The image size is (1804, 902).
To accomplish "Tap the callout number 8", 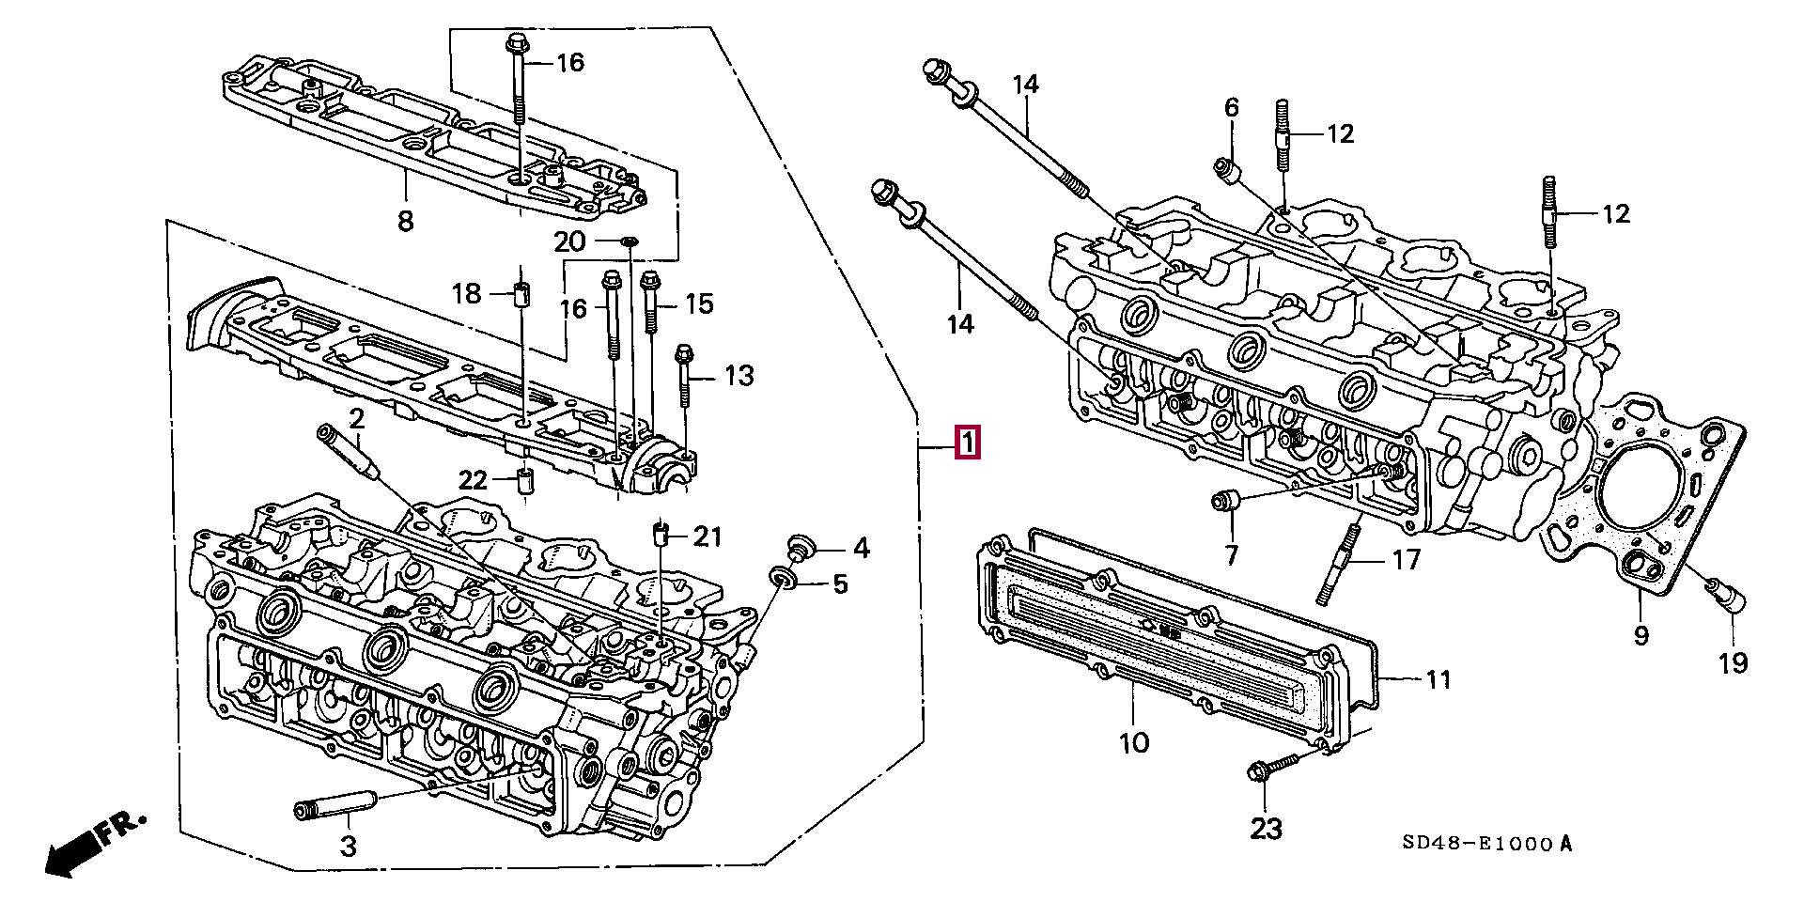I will (x=405, y=222).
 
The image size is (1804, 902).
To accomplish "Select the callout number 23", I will (x=1266, y=829).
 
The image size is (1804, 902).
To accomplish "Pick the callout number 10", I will (x=1134, y=743).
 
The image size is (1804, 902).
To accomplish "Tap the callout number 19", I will (x=1734, y=662).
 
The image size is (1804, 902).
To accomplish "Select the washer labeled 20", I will (x=630, y=243).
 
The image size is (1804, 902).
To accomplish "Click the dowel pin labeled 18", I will (x=522, y=293).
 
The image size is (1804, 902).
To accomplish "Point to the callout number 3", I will (x=348, y=847).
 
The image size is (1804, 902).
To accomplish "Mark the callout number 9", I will (x=1641, y=635).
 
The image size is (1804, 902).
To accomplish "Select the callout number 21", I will (x=708, y=537).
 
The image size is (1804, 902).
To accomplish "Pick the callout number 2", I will (x=356, y=418).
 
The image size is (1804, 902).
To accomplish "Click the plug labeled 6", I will (x=1227, y=171).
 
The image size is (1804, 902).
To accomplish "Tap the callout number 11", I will (x=1439, y=678).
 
